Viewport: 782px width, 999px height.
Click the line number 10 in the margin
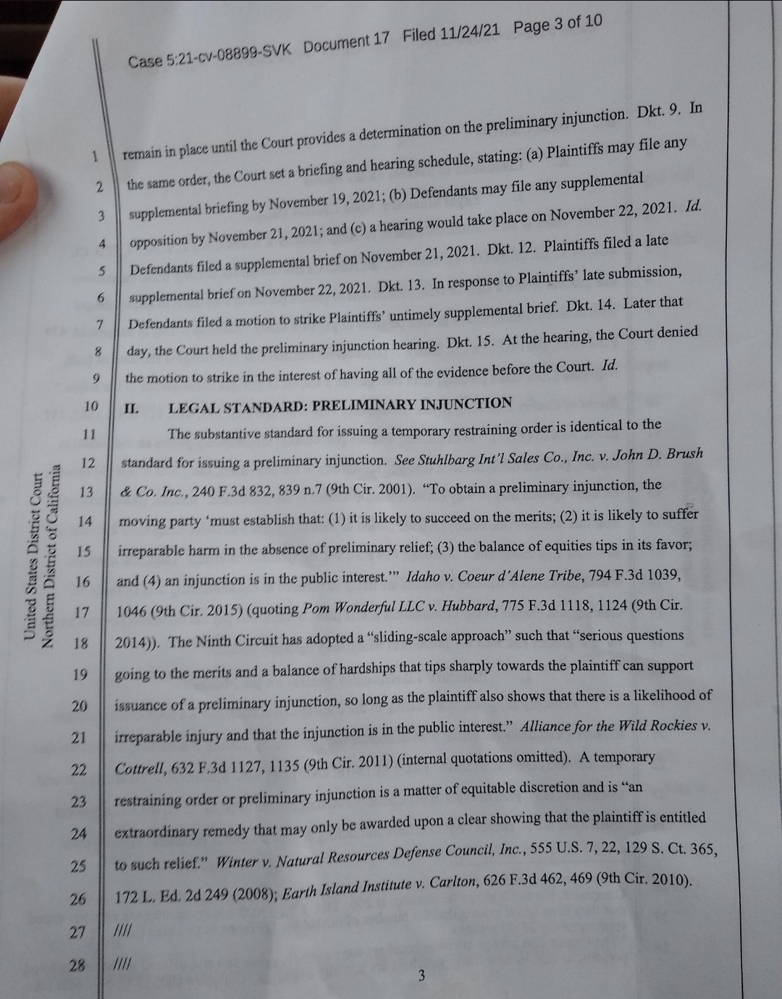point(91,406)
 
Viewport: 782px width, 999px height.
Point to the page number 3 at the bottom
point(421,977)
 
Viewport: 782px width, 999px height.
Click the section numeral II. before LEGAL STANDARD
point(131,408)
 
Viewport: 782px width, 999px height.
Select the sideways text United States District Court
point(31,555)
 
